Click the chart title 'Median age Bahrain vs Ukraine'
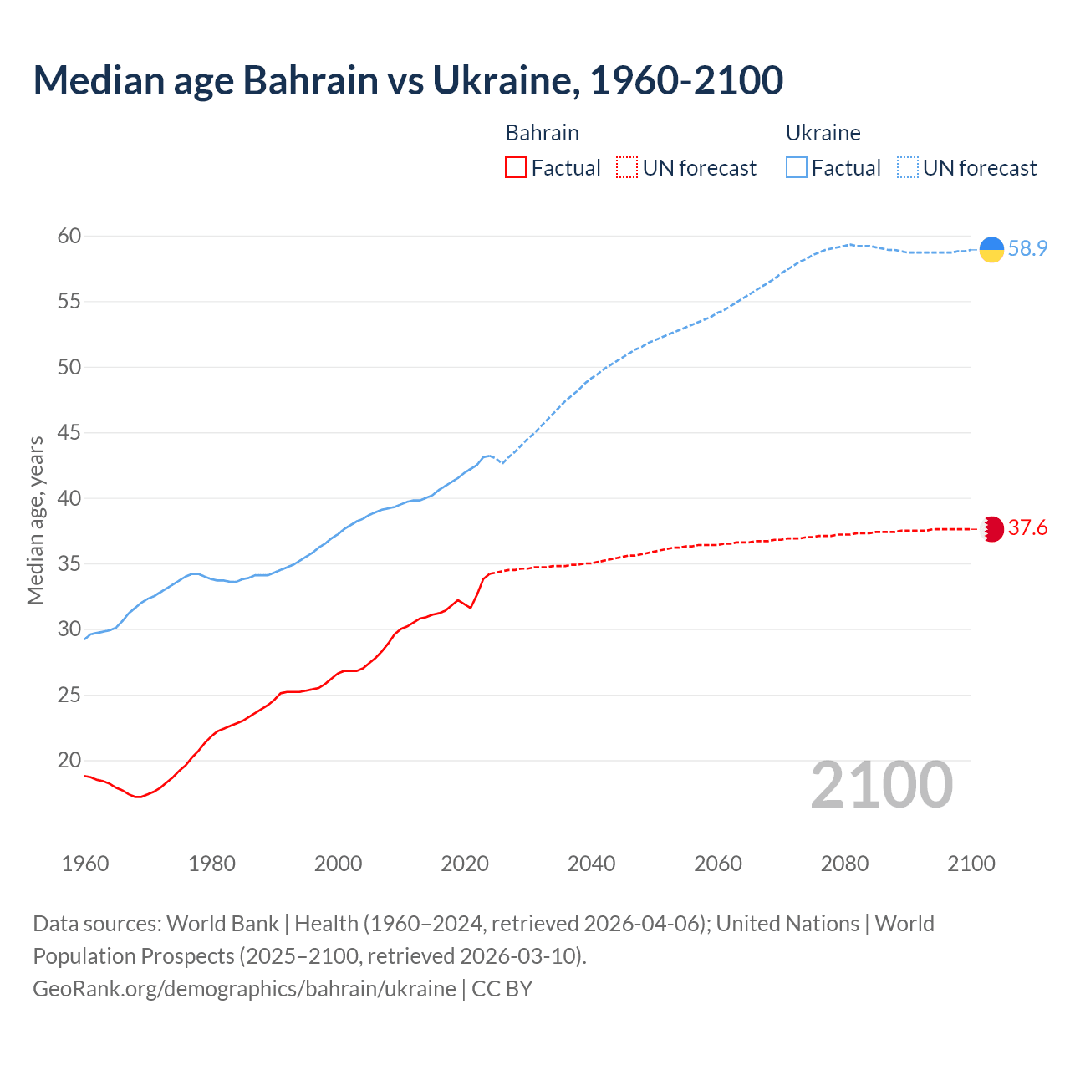click(408, 80)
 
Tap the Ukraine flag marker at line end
click(991, 249)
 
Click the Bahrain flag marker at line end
click(991, 528)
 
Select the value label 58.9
click(1027, 249)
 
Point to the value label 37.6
click(1027, 528)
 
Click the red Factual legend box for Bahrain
click(516, 168)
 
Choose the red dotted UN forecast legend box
click(626, 168)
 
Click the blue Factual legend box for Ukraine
click(797, 168)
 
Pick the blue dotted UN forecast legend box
click(907, 168)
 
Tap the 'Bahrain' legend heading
click(542, 133)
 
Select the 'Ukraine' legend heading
click(823, 133)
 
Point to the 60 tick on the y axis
click(69, 237)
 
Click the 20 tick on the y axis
click(69, 761)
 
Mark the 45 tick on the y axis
click(69, 433)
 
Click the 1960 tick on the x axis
click(85, 864)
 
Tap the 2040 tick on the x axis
click(591, 864)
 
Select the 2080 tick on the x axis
click(844, 864)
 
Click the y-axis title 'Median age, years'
click(36, 520)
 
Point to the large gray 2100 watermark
click(882, 785)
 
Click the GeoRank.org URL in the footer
click(244, 989)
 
